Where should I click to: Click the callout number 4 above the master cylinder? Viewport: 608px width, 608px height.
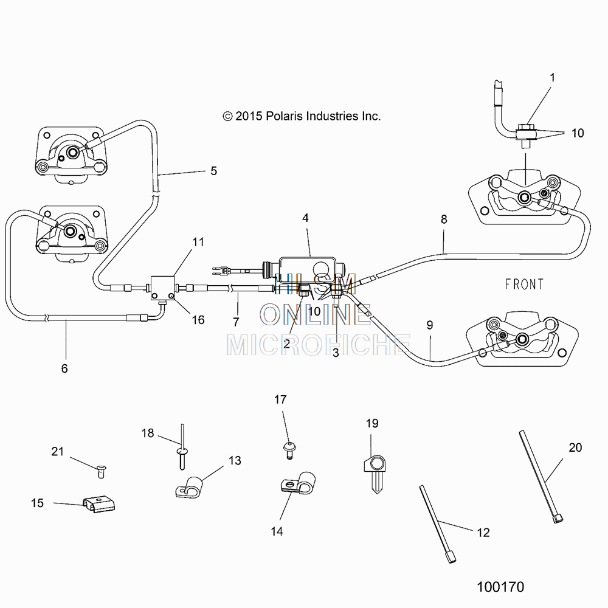tap(306, 218)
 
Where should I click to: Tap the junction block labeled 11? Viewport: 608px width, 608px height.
tap(162, 288)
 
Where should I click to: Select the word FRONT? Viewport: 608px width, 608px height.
tap(524, 284)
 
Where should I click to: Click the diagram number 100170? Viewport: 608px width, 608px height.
tap(500, 587)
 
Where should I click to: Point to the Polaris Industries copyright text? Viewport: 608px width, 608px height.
tap(302, 116)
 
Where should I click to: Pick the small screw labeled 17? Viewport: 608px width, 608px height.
tap(289, 450)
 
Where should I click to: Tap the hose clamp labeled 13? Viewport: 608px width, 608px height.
tap(188, 486)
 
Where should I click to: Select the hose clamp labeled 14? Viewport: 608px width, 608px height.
tap(298, 483)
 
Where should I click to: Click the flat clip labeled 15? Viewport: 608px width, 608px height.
tap(99, 503)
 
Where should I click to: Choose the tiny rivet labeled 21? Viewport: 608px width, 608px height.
tap(101, 471)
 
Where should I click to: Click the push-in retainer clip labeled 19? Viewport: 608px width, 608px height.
tap(375, 474)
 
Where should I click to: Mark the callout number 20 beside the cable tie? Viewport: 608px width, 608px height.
tap(575, 447)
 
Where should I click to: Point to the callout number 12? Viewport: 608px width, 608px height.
tap(483, 533)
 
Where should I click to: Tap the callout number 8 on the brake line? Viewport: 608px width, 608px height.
tap(444, 219)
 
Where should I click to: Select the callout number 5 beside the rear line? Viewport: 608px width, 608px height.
tap(213, 171)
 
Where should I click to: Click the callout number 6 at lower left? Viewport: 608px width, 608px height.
tap(64, 368)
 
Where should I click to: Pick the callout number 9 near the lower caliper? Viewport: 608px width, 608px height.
tap(430, 325)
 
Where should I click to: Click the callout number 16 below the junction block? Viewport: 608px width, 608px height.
tap(198, 320)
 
